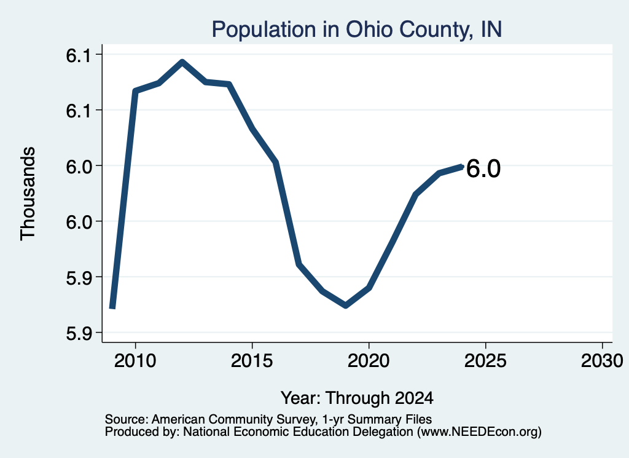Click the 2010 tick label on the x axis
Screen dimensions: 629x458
coord(135,361)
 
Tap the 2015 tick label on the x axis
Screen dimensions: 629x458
coord(251,361)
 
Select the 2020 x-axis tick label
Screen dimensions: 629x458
coord(369,361)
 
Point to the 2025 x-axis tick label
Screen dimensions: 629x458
coord(485,361)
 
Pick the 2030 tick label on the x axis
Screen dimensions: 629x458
coord(602,361)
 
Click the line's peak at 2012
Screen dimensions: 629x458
coord(182,62)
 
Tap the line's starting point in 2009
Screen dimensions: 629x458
coord(113,307)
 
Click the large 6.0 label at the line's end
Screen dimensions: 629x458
coord(483,168)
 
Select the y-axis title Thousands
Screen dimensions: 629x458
coord(28,194)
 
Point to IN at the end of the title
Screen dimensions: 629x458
coord(491,30)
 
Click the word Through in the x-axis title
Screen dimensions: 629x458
coord(357,398)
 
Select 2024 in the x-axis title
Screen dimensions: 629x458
coord(414,398)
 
